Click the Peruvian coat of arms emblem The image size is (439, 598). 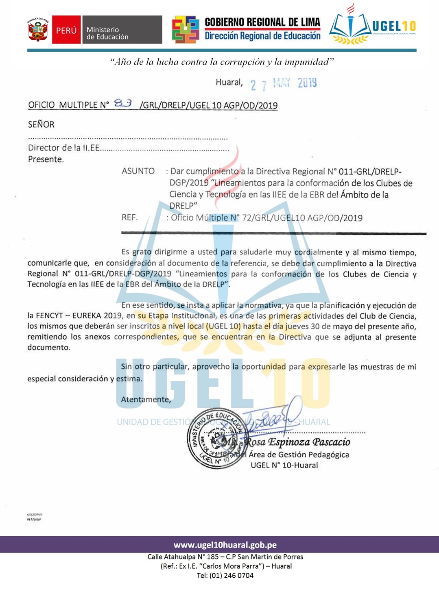pos(38,30)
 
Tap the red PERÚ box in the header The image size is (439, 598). pos(66,30)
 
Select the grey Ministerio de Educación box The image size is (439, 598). pos(122,30)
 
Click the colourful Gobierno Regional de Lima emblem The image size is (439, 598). pos(186,30)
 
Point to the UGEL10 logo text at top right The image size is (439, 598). pos(394,26)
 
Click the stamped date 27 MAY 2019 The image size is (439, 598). pos(284,84)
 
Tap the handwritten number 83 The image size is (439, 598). pos(123,103)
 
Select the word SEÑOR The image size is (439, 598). pos(41,124)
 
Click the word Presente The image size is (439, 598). pos(46,159)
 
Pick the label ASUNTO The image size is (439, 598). pos(138,171)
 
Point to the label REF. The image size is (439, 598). pos(129,217)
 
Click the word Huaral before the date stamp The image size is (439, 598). pos(229,83)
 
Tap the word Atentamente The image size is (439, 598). pos(146,400)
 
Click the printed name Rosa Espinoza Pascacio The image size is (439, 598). pos(297,442)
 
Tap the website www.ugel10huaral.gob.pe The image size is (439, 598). pos(225,545)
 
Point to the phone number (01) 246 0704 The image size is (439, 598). pos(231,576)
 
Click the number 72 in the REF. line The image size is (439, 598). pos(247,218)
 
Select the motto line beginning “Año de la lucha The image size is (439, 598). pos(222,62)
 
